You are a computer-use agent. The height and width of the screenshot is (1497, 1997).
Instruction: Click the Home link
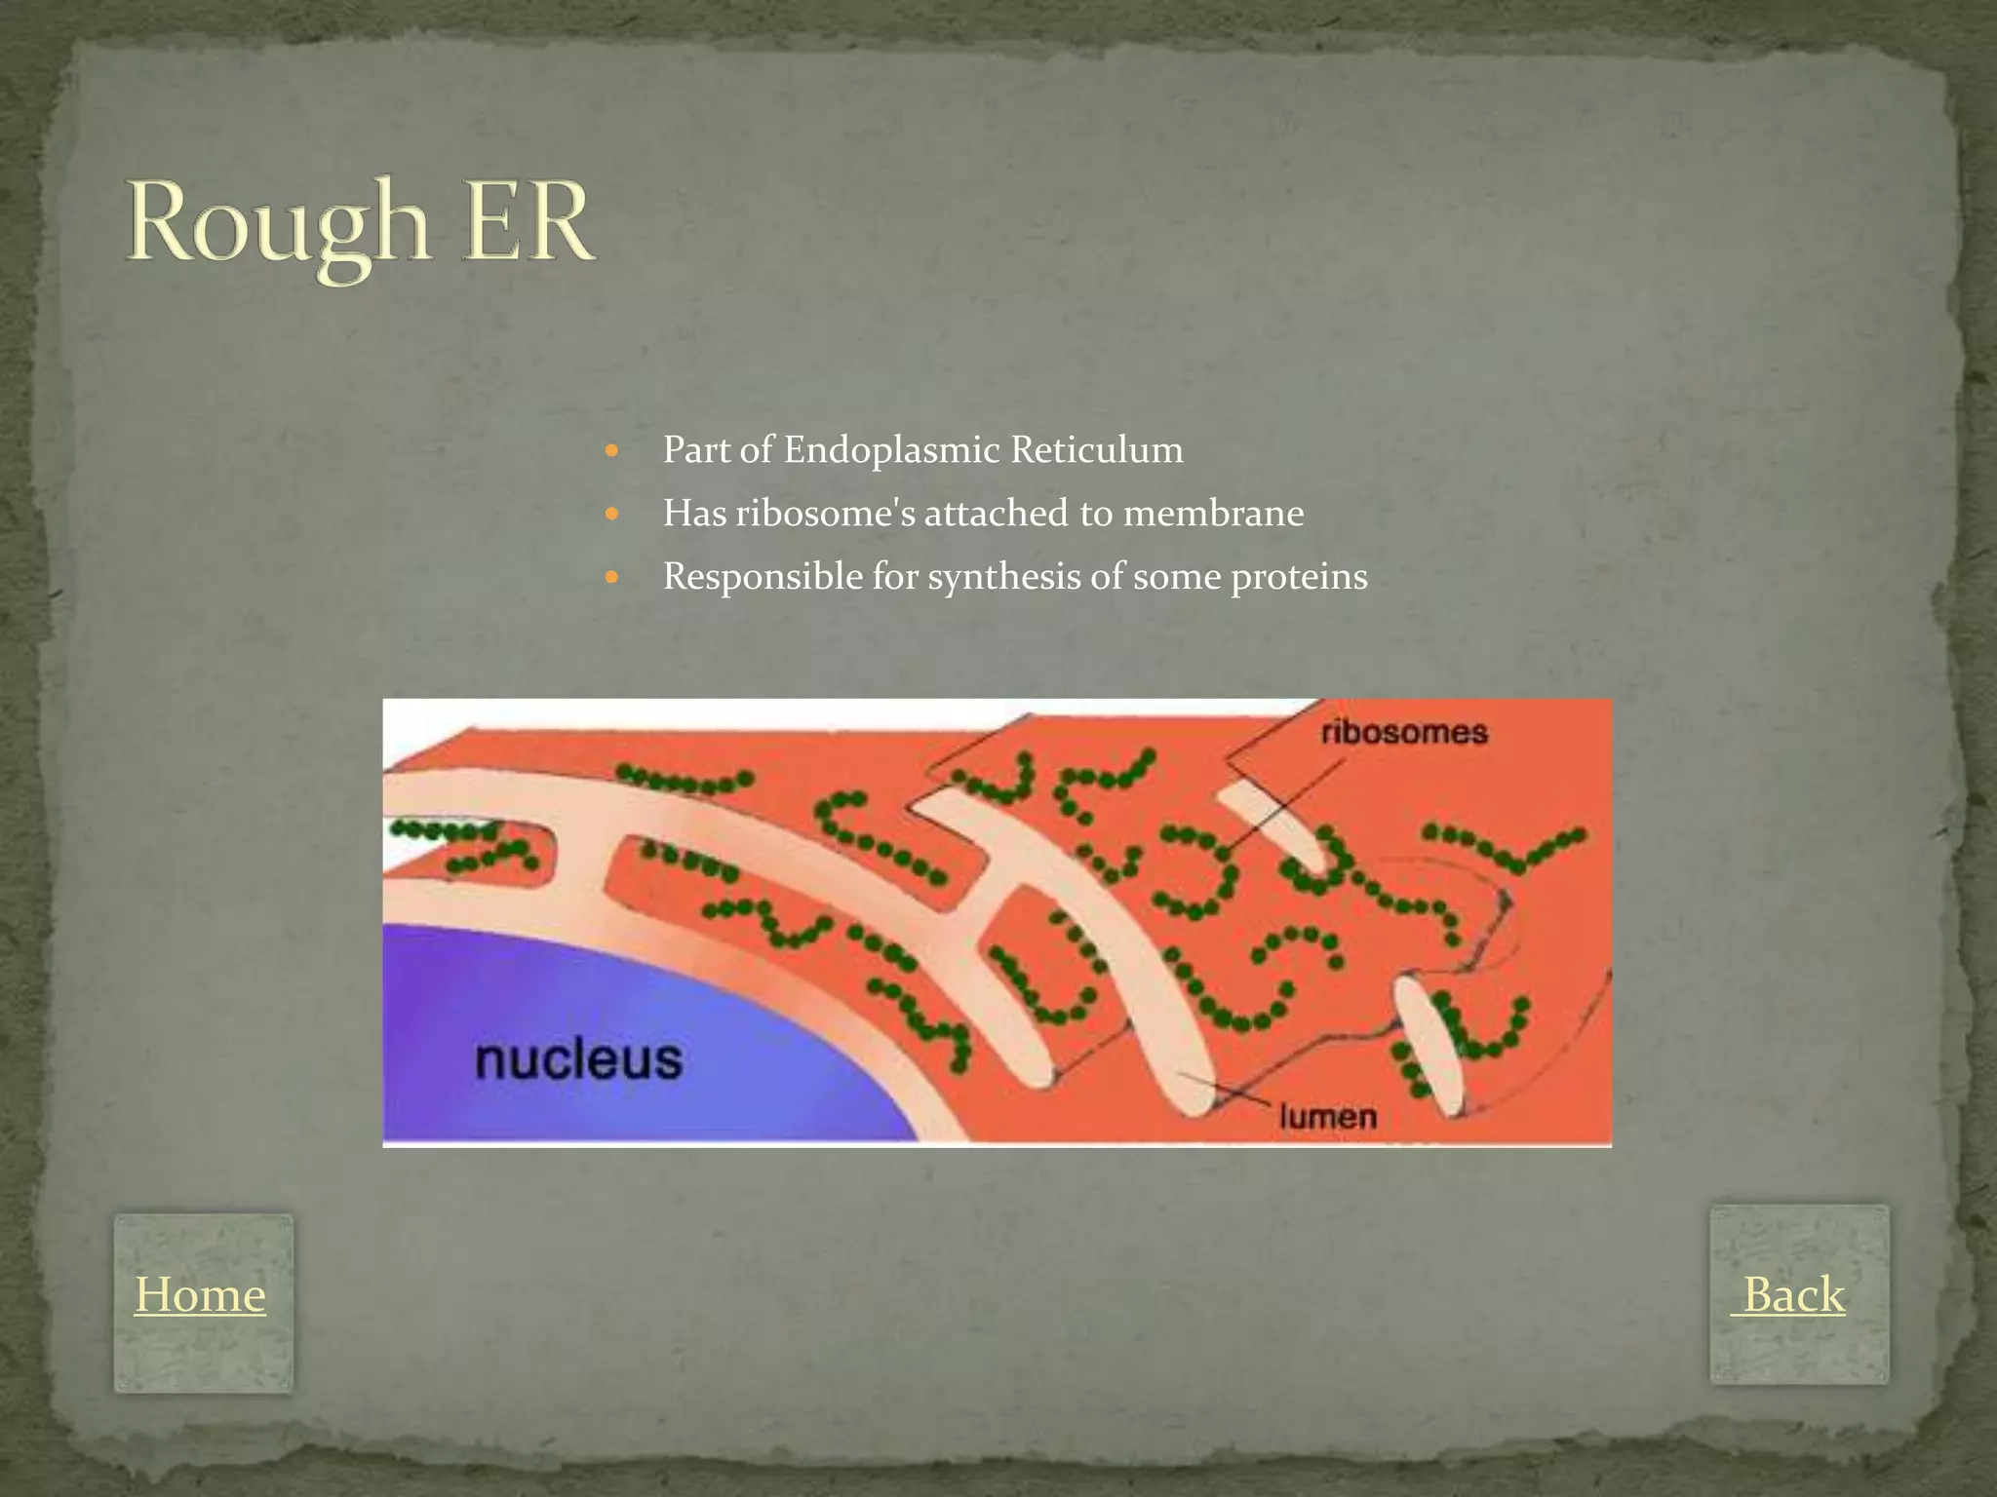coord(200,1295)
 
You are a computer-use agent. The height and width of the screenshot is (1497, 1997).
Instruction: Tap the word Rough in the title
coord(278,224)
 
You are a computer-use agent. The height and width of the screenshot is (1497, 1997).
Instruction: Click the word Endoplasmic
coord(891,450)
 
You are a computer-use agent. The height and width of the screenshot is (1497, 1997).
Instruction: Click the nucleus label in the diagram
coord(578,1059)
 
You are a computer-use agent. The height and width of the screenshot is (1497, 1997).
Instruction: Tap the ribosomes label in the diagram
coord(1404,732)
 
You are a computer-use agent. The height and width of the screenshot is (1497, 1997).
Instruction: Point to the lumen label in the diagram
coord(1327,1116)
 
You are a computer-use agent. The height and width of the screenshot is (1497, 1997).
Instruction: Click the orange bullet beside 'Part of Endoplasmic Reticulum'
coord(612,451)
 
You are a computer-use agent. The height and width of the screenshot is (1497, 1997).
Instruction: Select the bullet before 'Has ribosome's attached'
coord(612,514)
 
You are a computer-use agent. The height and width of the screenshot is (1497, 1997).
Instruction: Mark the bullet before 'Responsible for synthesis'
coord(612,577)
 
